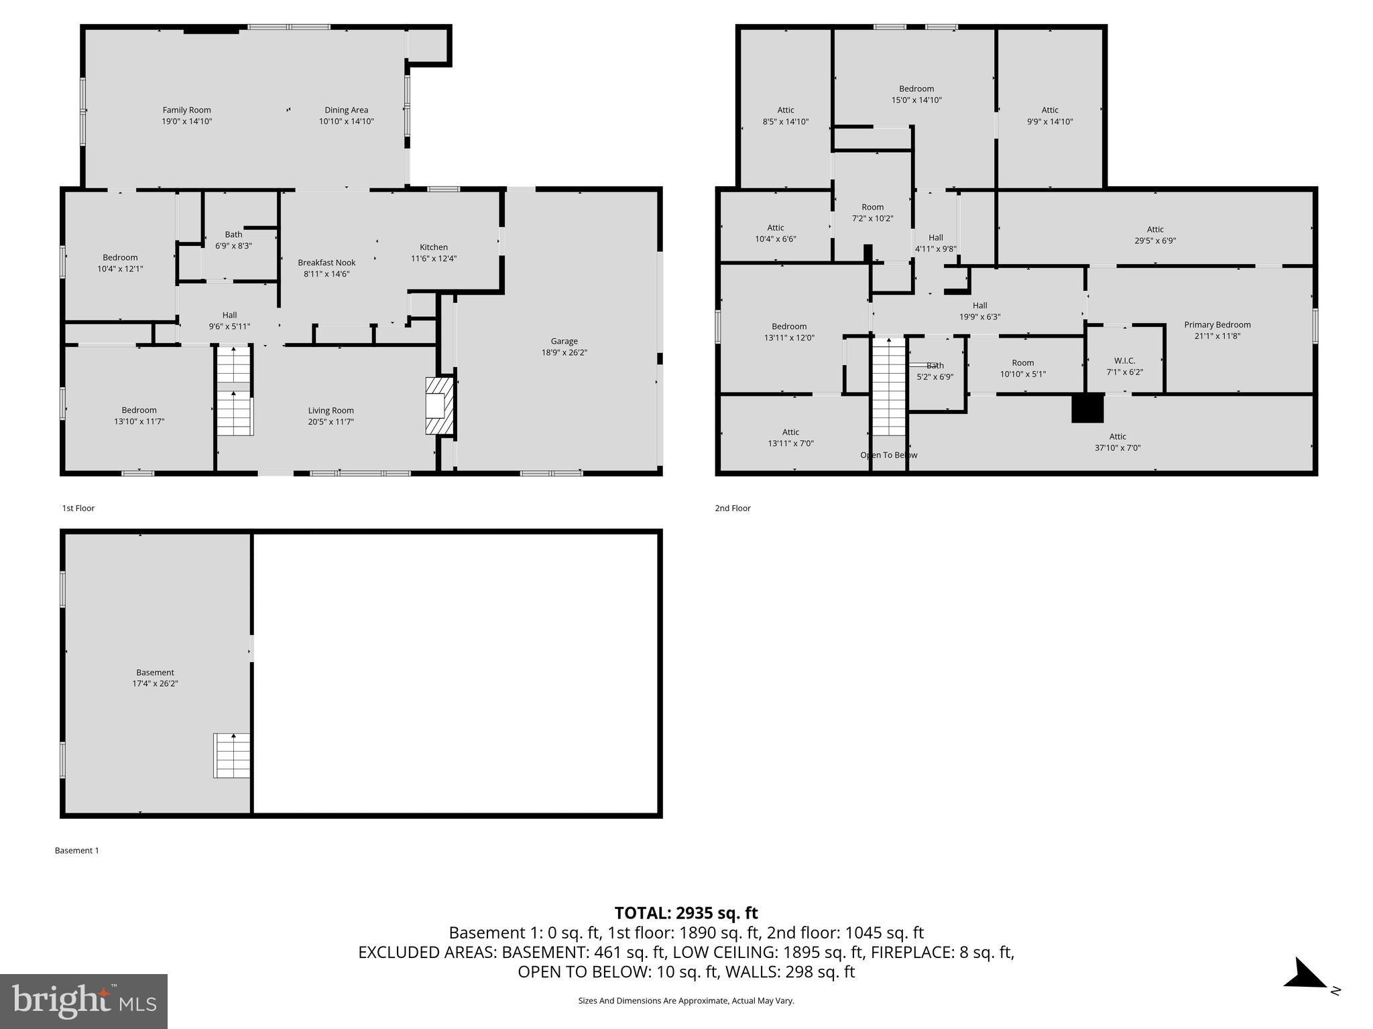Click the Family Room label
tap(186, 110)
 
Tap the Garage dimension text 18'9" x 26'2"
tap(564, 352)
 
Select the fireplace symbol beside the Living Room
tap(440, 405)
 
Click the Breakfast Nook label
tap(326, 263)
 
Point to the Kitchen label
tap(434, 247)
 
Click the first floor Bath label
tap(233, 234)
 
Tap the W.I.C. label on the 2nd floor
tap(1124, 360)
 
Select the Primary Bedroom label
tap(1217, 325)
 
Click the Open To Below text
tap(888, 455)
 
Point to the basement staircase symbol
tap(232, 755)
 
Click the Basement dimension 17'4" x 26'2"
tap(155, 683)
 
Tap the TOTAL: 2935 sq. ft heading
tap(686, 912)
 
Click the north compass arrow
tap(1305, 975)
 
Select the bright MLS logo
tap(84, 1001)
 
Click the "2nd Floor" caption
tap(732, 508)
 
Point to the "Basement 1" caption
tap(76, 850)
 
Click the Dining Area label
tap(346, 110)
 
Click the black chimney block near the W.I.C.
tap(1087, 408)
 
